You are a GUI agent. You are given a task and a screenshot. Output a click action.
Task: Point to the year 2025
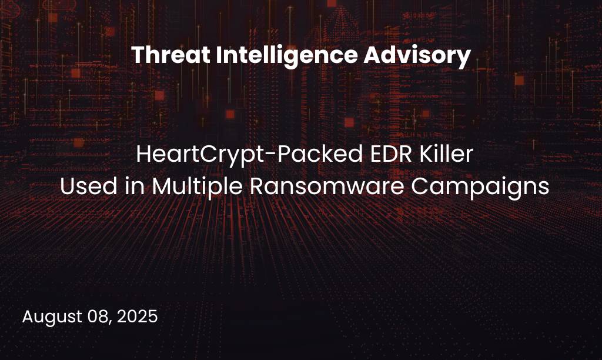(x=137, y=316)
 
